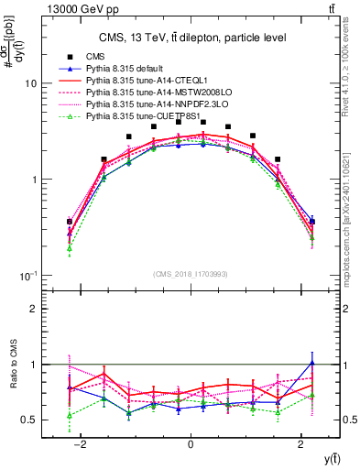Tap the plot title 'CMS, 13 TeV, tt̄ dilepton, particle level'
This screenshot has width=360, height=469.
[x=190, y=38]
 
